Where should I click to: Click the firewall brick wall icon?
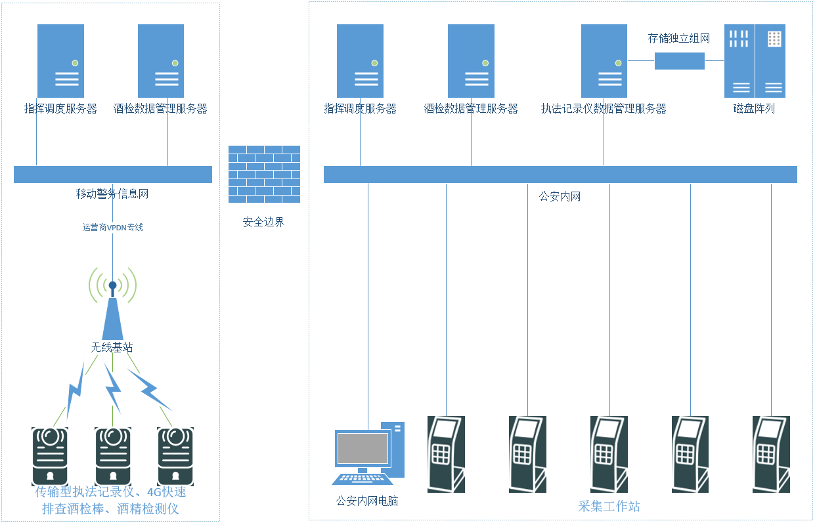(x=264, y=174)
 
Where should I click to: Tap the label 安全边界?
(x=264, y=222)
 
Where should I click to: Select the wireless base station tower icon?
(x=112, y=315)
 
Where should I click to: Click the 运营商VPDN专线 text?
(x=112, y=228)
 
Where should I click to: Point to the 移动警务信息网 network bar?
(x=112, y=175)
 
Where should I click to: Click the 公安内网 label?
(x=560, y=196)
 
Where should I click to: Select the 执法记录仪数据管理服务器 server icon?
(x=604, y=61)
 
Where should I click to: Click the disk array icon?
(x=754, y=61)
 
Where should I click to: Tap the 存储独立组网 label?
(x=679, y=39)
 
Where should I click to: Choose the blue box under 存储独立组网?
(x=679, y=61)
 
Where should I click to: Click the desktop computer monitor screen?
(x=362, y=448)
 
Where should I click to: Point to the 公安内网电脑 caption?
(x=367, y=501)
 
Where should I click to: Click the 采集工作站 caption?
(x=609, y=507)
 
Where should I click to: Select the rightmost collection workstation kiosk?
(x=771, y=454)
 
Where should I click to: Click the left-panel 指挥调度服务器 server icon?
(x=60, y=61)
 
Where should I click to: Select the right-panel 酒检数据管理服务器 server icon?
(x=471, y=61)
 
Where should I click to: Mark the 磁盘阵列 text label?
(x=754, y=109)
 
